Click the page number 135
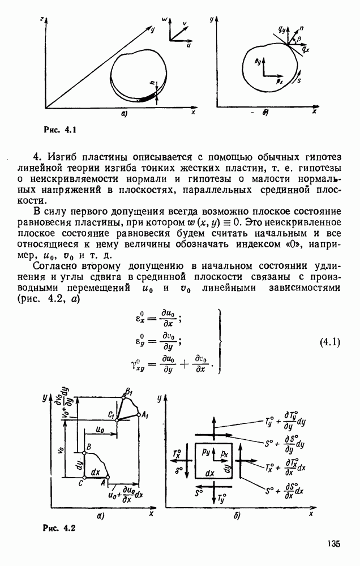point(333,544)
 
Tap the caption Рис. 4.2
point(59,529)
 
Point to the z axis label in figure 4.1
point(42,20)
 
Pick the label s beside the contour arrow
point(298,80)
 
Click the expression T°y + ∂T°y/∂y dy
point(285,422)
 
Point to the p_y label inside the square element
point(207,454)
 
